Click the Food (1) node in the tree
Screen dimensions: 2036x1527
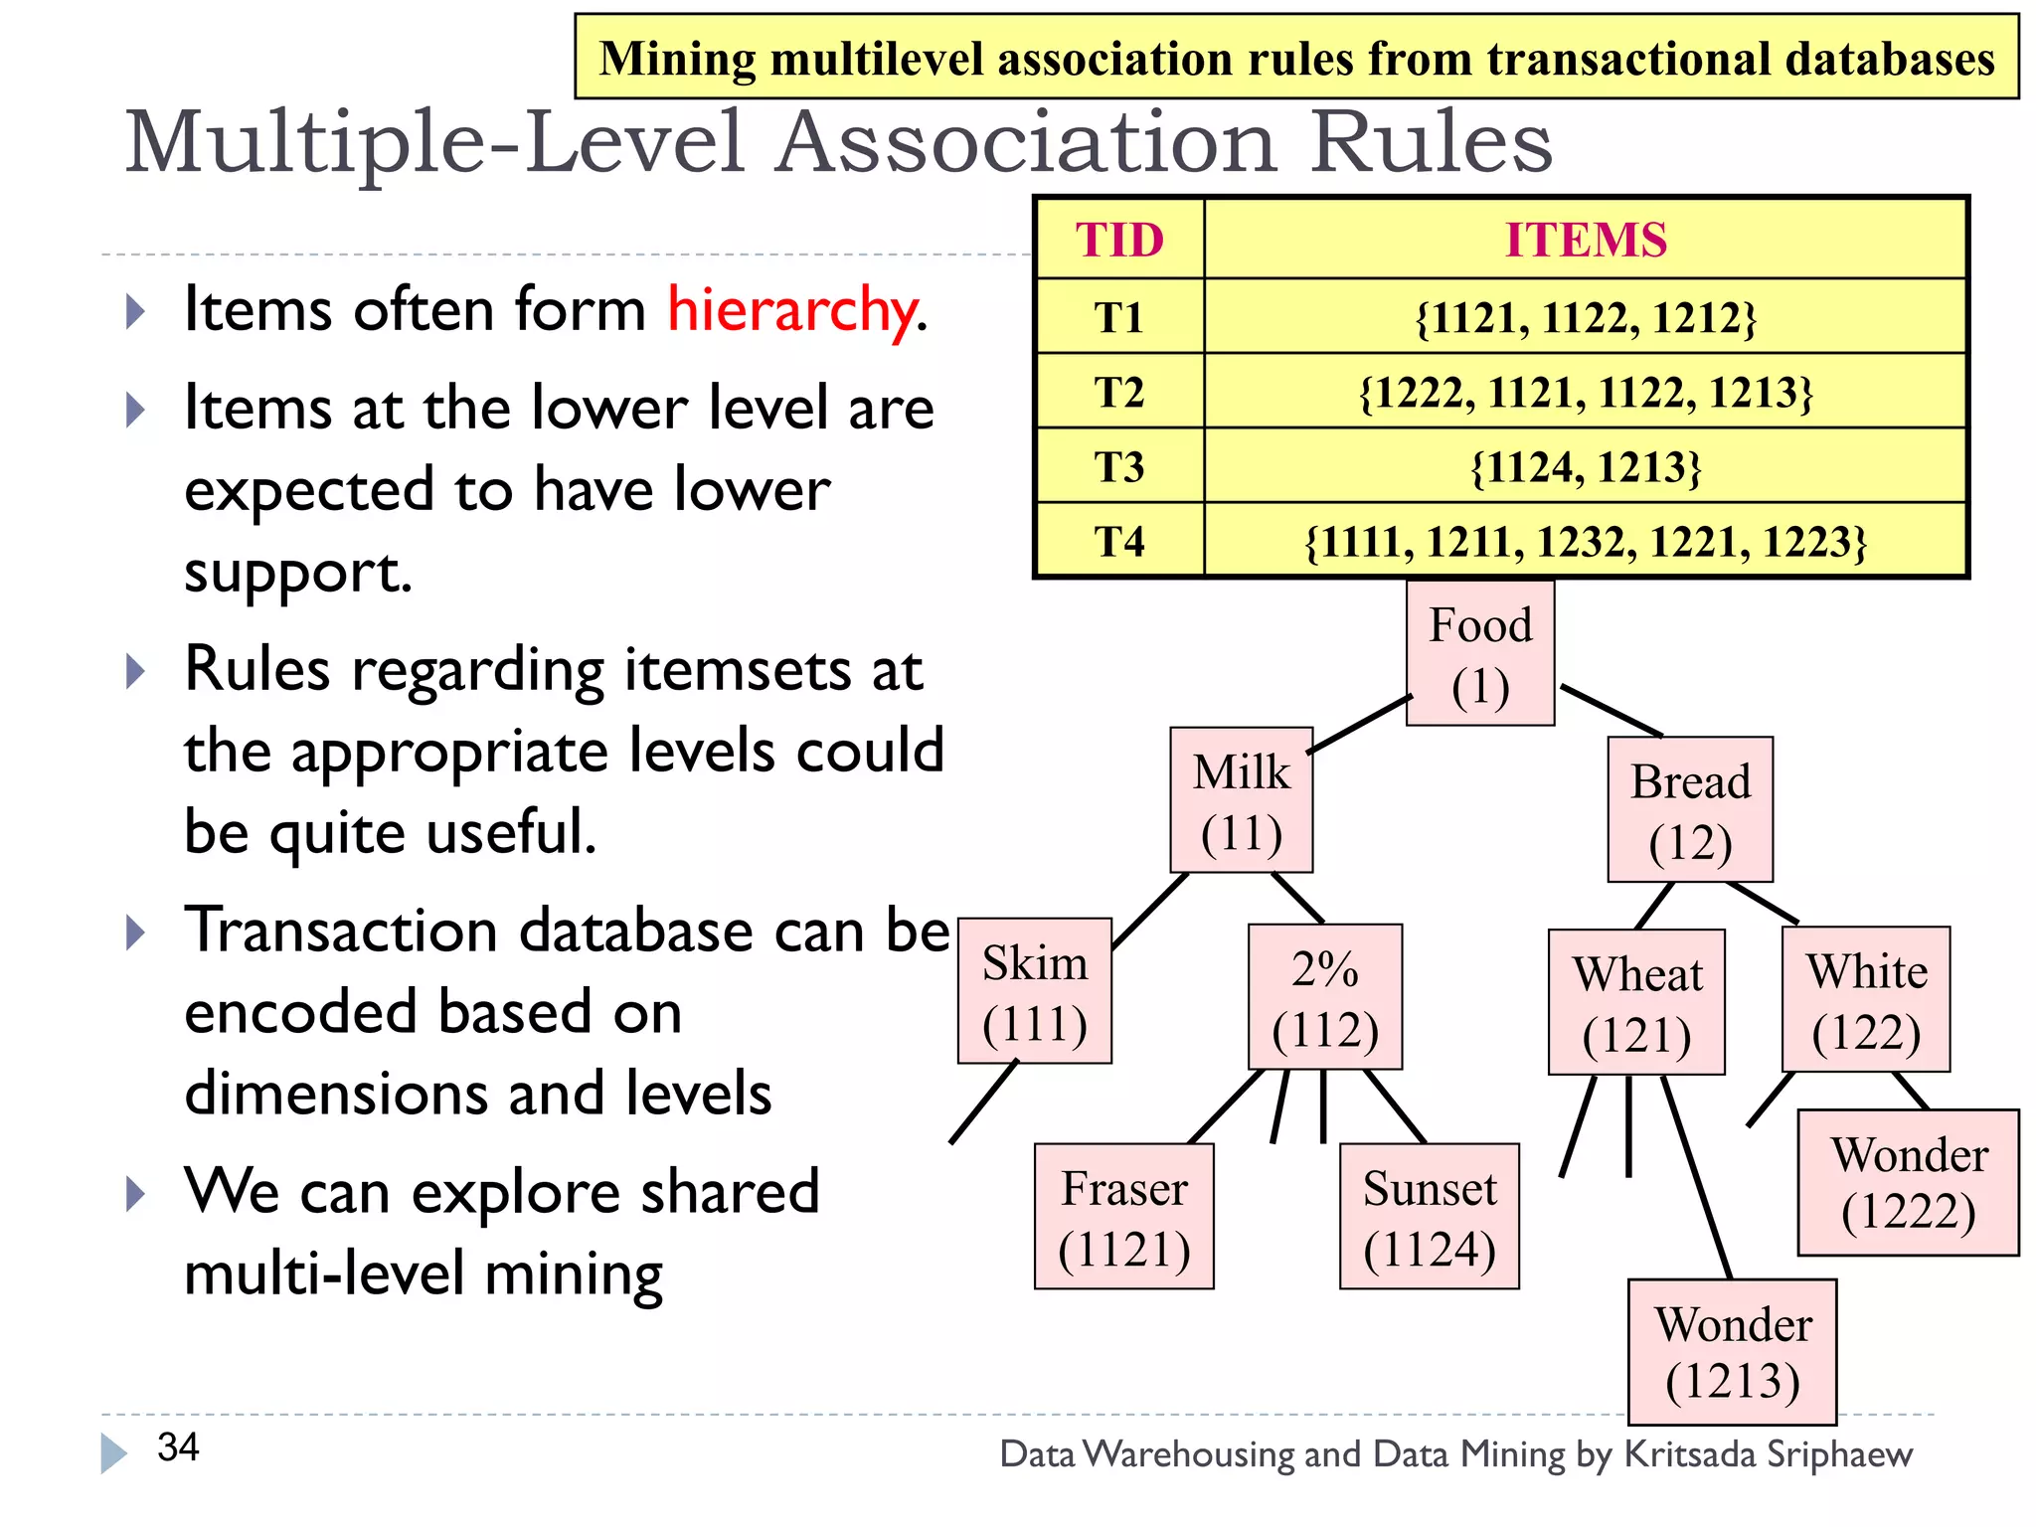[1479, 654]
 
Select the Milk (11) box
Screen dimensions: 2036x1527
[1241, 800]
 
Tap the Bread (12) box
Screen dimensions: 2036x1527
[1690, 809]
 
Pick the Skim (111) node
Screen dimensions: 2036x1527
[1034, 991]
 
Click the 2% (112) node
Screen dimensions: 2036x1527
[1325, 997]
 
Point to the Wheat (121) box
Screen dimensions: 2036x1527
[1636, 1002]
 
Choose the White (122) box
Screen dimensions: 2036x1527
[1866, 999]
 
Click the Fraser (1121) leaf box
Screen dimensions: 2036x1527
[1123, 1216]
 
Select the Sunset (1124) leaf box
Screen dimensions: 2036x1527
[1429, 1216]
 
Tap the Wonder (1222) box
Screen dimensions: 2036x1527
[1908, 1182]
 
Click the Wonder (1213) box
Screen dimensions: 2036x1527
[1732, 1351]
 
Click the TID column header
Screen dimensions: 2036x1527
[1119, 240]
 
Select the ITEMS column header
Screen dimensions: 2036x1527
[1585, 240]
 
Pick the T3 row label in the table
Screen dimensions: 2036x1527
[1119, 466]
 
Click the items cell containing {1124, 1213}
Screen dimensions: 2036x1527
[1585, 466]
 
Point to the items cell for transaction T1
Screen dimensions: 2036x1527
[1585, 317]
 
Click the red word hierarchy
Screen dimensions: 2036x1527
[792, 309]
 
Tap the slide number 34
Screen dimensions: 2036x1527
[178, 1447]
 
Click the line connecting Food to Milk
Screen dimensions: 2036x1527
[1358, 724]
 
